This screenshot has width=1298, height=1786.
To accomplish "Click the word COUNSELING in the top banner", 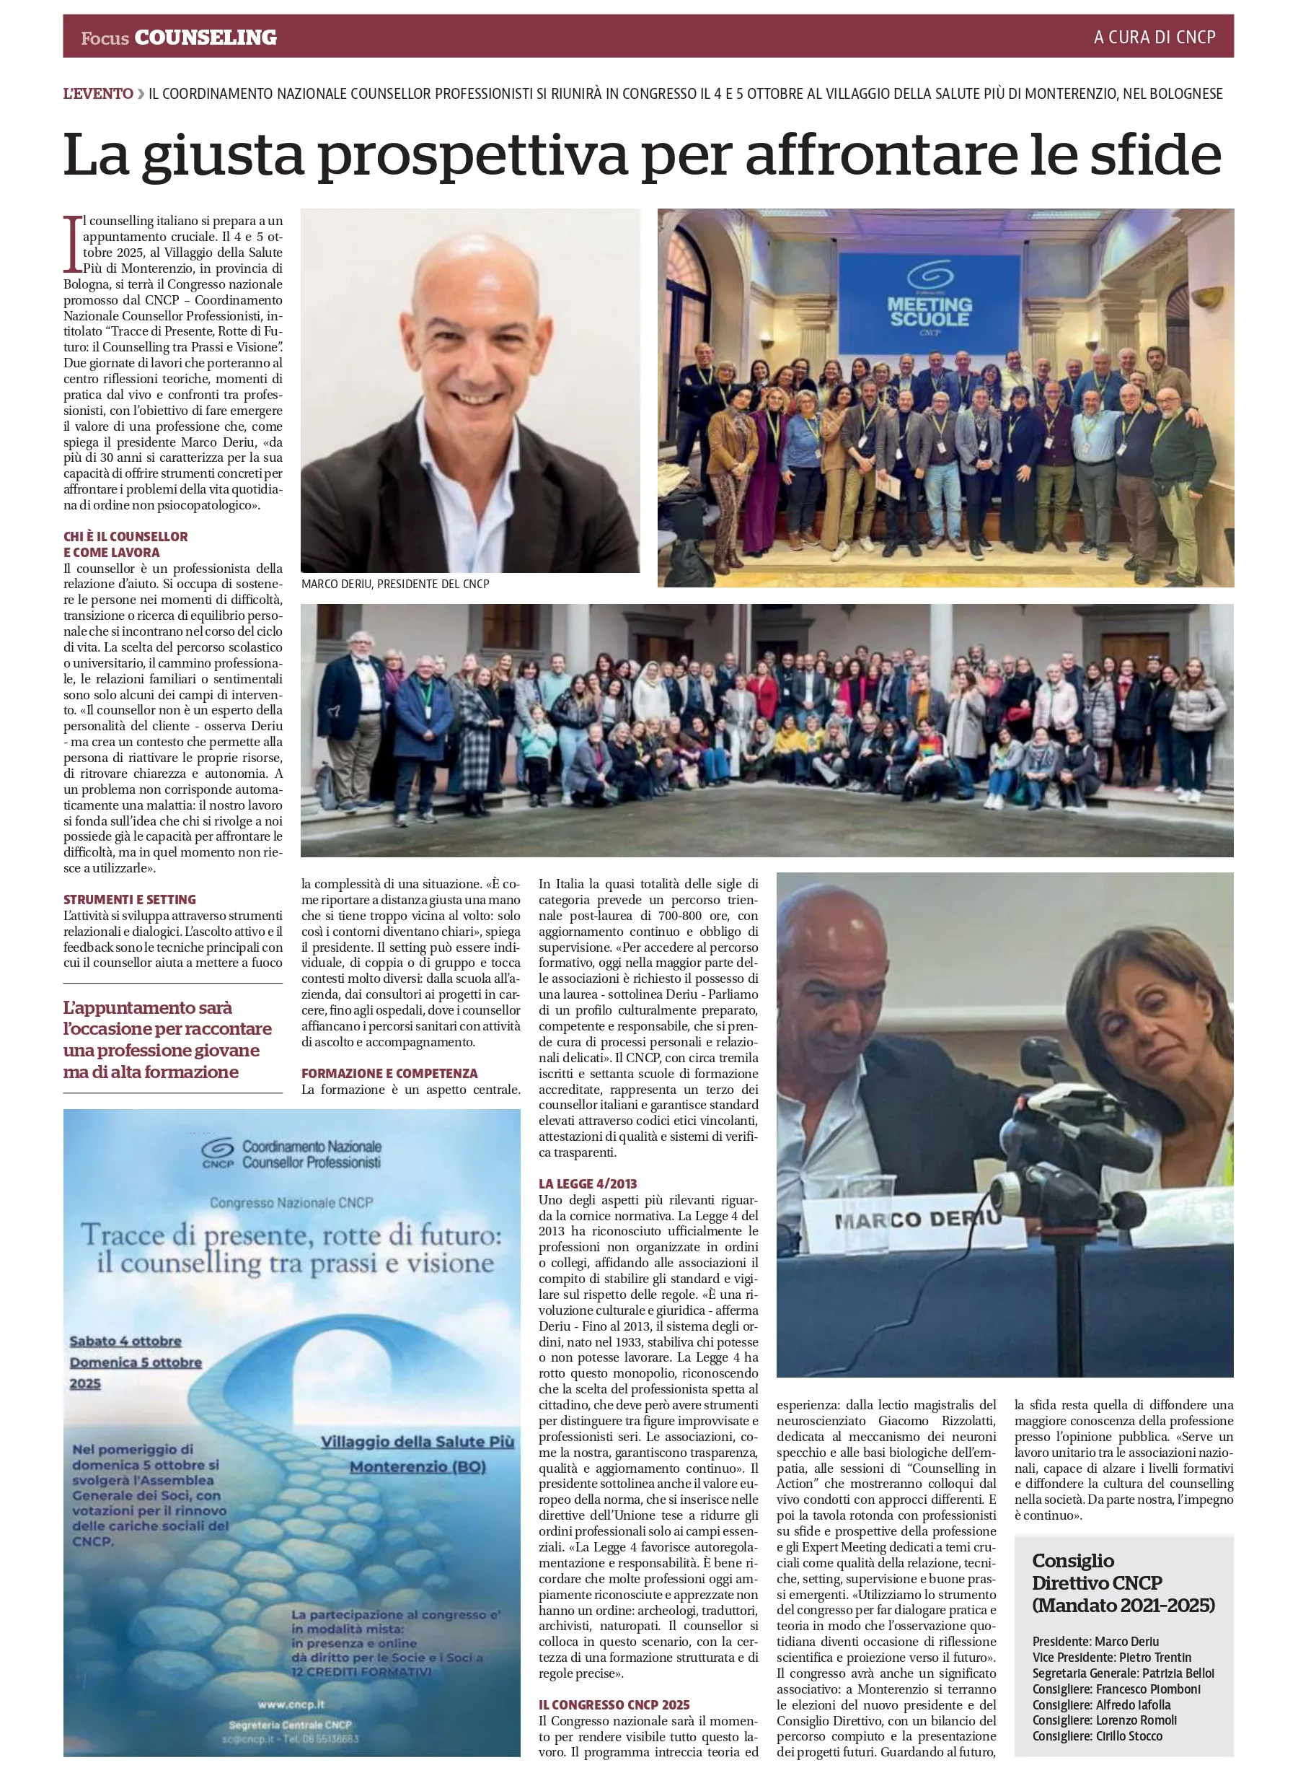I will pyautogui.click(x=206, y=37).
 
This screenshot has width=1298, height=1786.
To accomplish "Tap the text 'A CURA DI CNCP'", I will pyautogui.click(x=1154, y=37).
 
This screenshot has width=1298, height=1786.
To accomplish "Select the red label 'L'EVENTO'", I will pyautogui.click(x=98, y=94).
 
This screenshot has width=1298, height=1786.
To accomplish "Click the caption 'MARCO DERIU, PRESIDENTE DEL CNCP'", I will pyautogui.click(x=395, y=584).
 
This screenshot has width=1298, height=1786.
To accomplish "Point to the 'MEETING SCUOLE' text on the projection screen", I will pyautogui.click(x=930, y=311).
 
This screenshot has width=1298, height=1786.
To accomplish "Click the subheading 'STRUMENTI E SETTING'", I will pyautogui.click(x=130, y=899).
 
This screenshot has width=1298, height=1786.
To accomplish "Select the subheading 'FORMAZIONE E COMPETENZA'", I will pyautogui.click(x=389, y=1073).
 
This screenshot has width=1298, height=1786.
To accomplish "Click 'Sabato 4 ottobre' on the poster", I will pyautogui.click(x=125, y=1341).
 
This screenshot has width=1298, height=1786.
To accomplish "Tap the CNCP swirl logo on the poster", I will pyautogui.click(x=218, y=1149).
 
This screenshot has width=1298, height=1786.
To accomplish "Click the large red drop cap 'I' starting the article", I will pyautogui.click(x=72, y=243).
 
